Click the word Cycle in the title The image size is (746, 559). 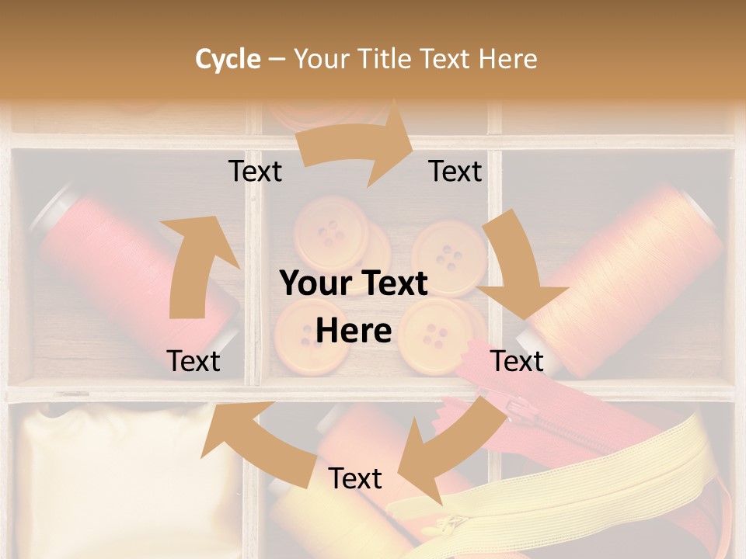pos(228,59)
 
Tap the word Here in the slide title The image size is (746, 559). pos(507,59)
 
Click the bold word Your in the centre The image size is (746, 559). pos(311,284)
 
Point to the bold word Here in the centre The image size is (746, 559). pos(354,332)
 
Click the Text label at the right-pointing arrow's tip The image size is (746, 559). pos(455,172)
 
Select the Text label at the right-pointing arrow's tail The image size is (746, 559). pos(255,172)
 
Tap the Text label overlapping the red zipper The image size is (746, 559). pos(517,361)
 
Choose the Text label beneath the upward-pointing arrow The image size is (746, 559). pos(193,361)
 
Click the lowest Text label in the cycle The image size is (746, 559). pos(355,479)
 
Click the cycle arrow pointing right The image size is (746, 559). pos(357,143)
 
